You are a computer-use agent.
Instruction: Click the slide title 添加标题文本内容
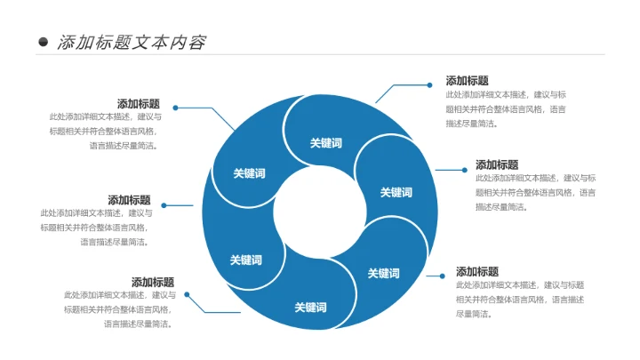[132, 42]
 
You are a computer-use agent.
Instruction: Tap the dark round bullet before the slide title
[43, 42]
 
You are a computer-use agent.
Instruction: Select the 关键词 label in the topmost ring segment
[325, 143]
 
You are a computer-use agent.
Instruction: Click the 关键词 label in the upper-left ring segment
[249, 173]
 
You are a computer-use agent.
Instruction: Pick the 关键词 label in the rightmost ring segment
[396, 192]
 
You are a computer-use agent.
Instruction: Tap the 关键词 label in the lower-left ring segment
[246, 260]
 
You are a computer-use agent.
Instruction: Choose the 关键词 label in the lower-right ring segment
[383, 273]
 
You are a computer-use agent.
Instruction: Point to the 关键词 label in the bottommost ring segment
[310, 308]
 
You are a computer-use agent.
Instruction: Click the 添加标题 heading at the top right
[467, 80]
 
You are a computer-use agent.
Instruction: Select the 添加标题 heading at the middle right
[497, 164]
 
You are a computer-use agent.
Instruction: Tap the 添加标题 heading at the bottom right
[477, 271]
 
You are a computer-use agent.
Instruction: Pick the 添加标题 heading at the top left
[139, 103]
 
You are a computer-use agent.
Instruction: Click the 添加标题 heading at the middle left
[130, 200]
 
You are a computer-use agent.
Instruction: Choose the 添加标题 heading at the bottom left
[153, 282]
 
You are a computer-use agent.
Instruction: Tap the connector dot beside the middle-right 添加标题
[463, 169]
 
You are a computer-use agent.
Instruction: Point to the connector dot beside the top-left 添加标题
[175, 108]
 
